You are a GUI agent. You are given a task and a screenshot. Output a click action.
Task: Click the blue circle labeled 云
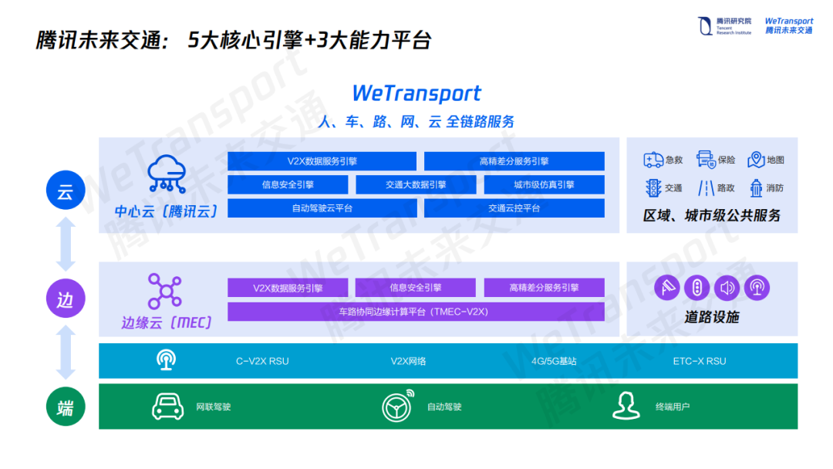(65, 191)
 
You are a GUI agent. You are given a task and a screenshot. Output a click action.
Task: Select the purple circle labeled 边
(65, 299)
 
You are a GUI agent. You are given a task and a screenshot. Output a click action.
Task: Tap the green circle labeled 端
(65, 407)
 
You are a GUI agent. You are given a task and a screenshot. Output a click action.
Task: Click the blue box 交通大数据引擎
(416, 185)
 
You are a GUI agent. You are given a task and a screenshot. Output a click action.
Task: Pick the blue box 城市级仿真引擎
(544, 185)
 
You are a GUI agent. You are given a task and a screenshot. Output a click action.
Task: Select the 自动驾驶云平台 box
(322, 208)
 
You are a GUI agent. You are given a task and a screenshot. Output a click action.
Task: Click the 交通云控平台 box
(514, 208)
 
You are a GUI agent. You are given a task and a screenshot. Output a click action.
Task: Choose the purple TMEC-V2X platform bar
(415, 312)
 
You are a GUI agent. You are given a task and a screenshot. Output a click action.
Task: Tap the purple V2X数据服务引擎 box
(288, 288)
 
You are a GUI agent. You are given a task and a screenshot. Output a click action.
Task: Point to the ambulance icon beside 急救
(653, 160)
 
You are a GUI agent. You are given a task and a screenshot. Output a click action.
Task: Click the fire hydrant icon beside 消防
(755, 187)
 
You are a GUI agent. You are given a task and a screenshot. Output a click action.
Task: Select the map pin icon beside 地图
(756, 160)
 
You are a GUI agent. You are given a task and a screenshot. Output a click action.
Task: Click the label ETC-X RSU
(699, 361)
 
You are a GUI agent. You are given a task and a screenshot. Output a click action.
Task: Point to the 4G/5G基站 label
(554, 361)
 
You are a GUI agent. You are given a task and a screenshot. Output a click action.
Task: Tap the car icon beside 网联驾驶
(167, 407)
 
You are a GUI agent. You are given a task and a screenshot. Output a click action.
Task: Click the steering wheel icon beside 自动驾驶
(398, 407)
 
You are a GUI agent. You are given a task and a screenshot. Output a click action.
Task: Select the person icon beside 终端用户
(626, 406)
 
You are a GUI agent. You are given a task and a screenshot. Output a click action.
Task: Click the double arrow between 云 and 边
(65, 245)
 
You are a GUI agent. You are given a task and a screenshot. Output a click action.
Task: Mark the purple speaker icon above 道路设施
(726, 288)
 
